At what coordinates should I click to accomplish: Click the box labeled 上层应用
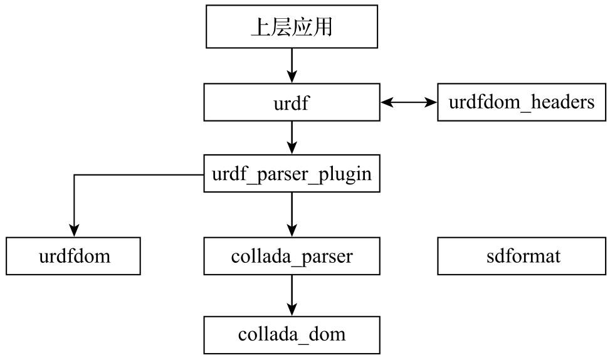click(292, 27)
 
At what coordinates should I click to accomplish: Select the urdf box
click(292, 103)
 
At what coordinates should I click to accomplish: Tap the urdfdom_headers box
click(521, 102)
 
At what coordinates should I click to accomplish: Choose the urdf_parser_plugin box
click(292, 174)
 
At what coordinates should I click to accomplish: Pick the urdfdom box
click(73, 256)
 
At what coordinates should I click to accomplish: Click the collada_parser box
click(292, 256)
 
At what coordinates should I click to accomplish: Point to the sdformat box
click(521, 256)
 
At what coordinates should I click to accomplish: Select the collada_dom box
click(292, 334)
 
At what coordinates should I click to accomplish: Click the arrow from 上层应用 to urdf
click(292, 65)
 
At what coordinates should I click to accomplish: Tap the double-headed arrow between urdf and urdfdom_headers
click(408, 102)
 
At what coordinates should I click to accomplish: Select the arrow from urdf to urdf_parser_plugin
click(292, 137)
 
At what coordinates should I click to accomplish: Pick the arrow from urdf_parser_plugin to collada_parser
click(292, 214)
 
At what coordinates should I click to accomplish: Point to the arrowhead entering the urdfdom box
click(74, 231)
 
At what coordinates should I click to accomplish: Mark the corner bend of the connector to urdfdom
click(74, 174)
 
